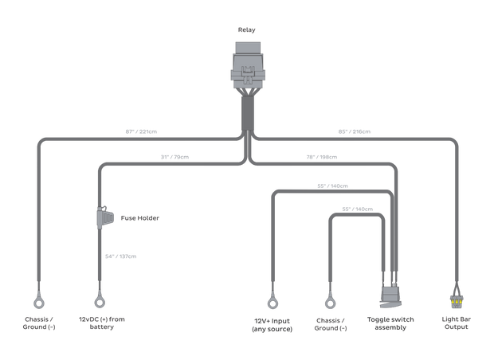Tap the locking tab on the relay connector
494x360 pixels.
(x=247, y=79)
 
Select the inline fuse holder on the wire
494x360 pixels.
(x=103, y=217)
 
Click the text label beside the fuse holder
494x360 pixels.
(x=133, y=217)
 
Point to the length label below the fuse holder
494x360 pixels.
(x=121, y=256)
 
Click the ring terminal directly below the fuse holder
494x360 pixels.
(x=99, y=302)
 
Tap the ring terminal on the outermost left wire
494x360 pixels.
(x=37, y=302)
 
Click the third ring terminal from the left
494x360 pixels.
(x=271, y=302)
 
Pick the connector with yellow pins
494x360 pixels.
(x=456, y=303)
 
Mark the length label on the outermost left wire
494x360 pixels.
(x=140, y=131)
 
